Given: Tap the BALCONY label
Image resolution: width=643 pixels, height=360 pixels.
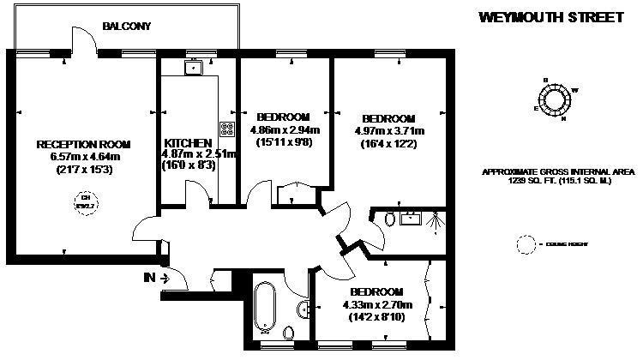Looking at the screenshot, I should (x=126, y=27).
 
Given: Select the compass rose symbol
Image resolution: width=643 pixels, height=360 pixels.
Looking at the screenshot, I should (x=554, y=99).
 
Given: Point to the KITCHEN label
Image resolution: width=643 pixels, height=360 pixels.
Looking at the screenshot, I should (x=188, y=142).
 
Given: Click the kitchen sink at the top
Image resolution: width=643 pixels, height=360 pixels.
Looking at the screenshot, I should (x=195, y=66).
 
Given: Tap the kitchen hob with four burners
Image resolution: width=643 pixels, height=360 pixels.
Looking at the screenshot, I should (x=227, y=129).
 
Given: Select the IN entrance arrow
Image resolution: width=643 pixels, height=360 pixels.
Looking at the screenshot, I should (x=157, y=277).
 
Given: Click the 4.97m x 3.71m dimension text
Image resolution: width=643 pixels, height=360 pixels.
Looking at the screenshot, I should (x=390, y=131).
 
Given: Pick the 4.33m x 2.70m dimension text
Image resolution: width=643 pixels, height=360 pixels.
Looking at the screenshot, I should (x=377, y=304).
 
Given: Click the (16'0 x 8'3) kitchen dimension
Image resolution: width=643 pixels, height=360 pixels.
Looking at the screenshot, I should (x=188, y=165).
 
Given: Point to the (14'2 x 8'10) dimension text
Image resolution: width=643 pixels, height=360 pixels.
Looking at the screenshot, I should (x=377, y=317).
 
